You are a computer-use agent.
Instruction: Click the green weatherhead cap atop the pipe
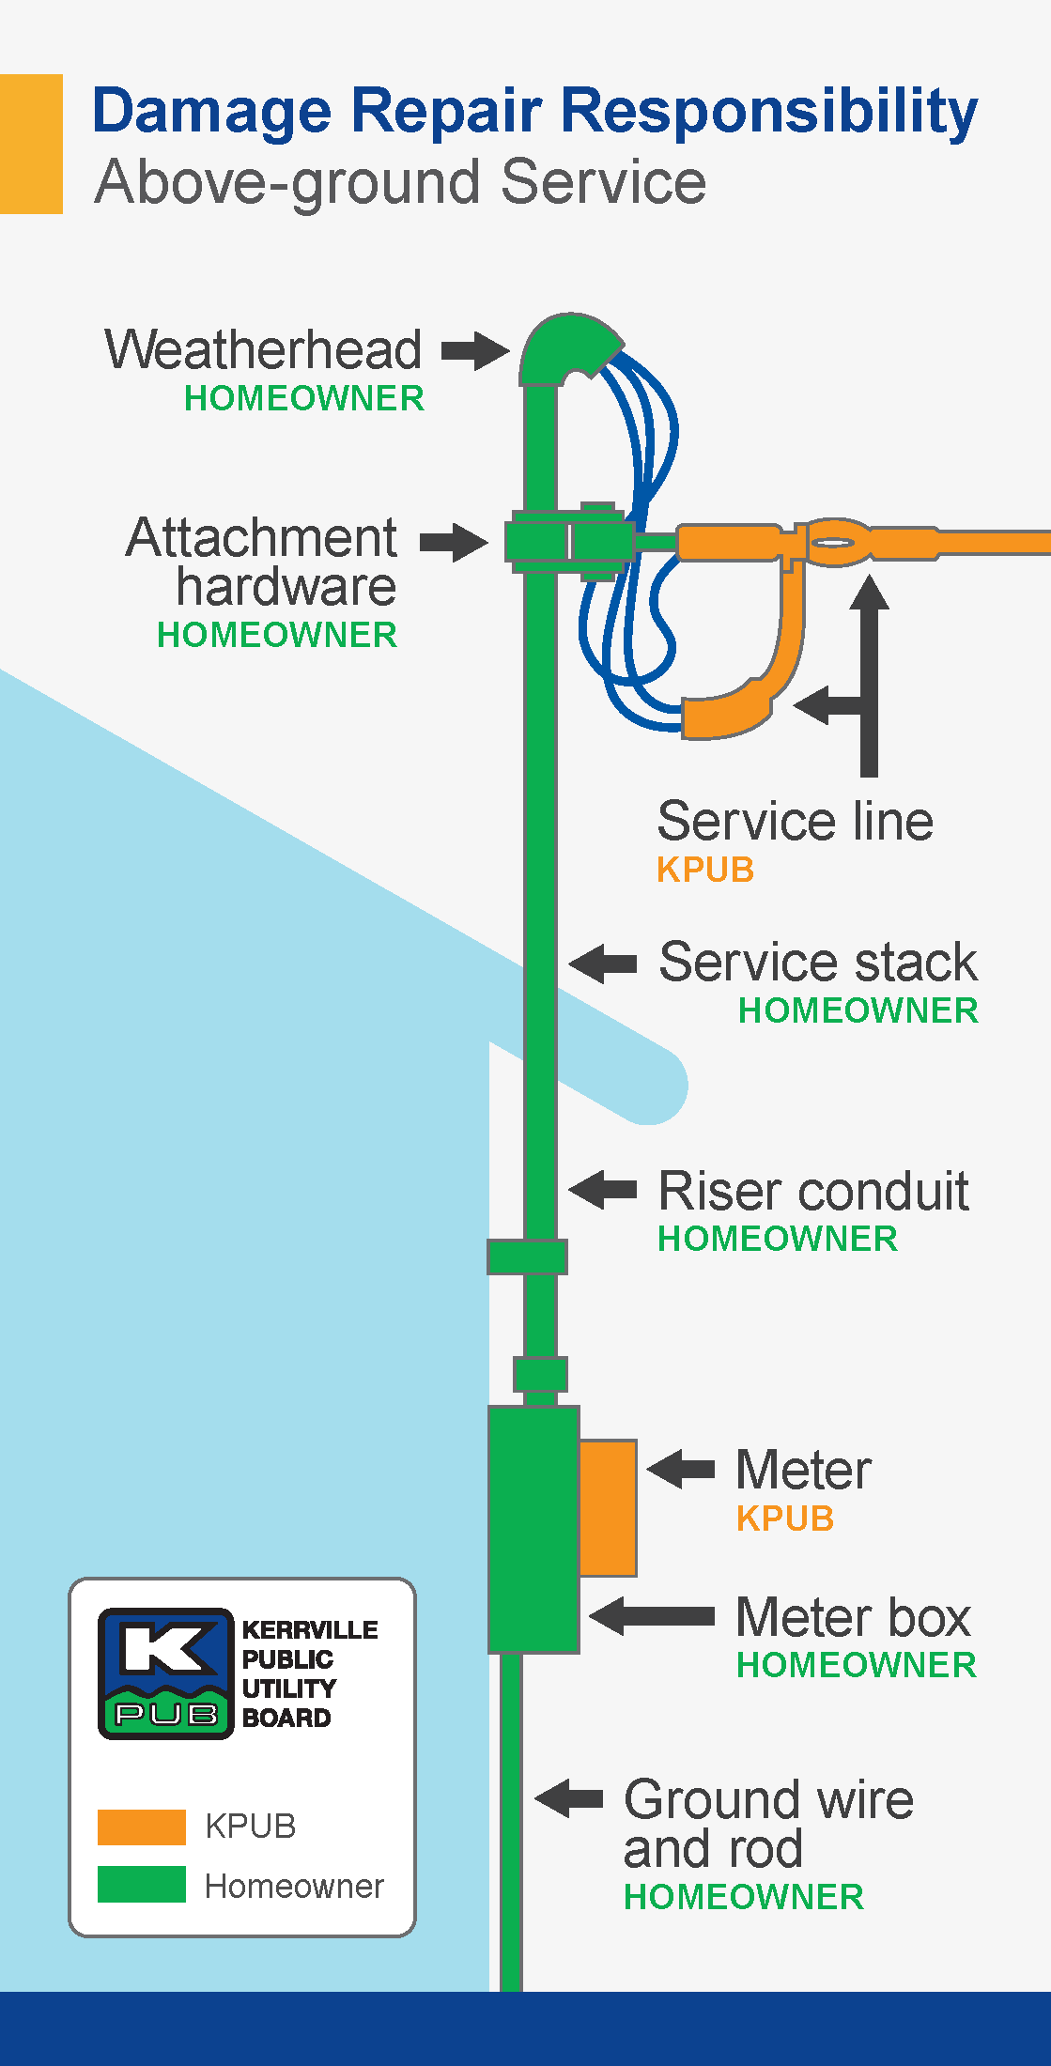pos(564,347)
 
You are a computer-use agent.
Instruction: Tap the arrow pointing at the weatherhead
pos(475,351)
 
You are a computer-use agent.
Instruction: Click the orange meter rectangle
pos(608,1507)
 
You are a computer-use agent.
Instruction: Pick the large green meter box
pos(532,1529)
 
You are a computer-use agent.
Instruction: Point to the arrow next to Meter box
pos(652,1616)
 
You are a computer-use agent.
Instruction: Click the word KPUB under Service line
pos(705,870)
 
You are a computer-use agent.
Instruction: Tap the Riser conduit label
pos(813,1191)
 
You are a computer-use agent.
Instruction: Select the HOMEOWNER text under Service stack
pos(858,1010)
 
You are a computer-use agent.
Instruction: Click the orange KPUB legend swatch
pos(141,1827)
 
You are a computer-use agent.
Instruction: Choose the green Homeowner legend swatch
pos(141,1885)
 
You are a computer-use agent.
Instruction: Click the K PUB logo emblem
pos(165,1673)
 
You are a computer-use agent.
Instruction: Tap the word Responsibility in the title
pos(769,111)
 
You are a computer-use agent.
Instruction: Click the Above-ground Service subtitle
pos(400,181)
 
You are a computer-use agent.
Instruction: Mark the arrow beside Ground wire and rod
pos(569,1798)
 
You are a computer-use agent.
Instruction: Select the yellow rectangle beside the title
pos(31,144)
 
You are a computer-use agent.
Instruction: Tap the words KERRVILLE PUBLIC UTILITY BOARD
pos(308,1673)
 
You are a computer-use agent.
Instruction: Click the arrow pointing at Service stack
pos(603,963)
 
